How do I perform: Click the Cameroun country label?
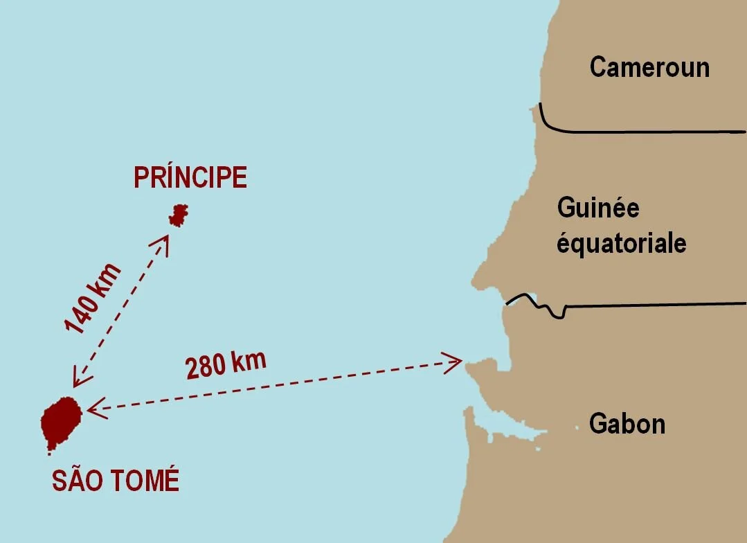(x=649, y=67)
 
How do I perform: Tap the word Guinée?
(x=598, y=208)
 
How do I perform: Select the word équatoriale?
(x=622, y=243)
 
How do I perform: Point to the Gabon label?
(x=627, y=423)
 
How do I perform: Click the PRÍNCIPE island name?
(x=190, y=178)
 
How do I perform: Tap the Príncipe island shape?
(x=179, y=215)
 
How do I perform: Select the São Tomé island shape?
(x=61, y=422)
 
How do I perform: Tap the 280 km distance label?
(x=226, y=364)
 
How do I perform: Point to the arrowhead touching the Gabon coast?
(x=456, y=360)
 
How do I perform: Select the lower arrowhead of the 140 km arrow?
(x=78, y=381)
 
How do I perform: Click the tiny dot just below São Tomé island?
(x=49, y=454)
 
